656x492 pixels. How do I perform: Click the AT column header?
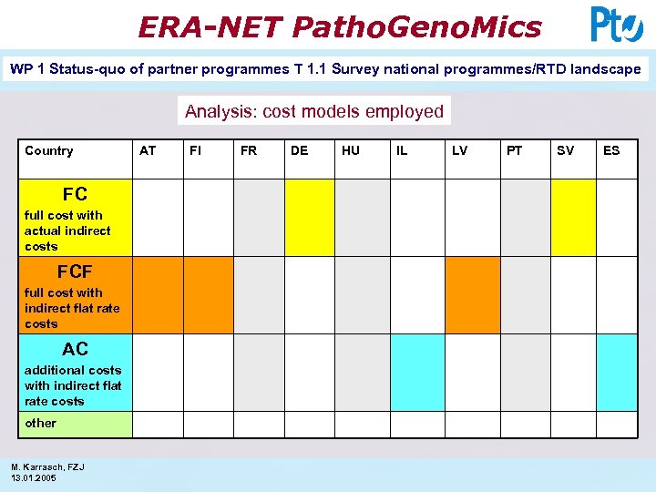tap(148, 150)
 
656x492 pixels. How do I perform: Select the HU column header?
tap(351, 150)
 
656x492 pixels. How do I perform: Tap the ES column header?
tap(611, 150)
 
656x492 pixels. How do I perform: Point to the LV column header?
tap(460, 150)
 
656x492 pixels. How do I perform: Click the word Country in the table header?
tap(49, 150)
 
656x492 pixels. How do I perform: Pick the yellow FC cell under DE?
tap(310, 218)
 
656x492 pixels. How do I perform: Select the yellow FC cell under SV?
tap(573, 218)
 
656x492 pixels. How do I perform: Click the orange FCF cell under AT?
tap(159, 295)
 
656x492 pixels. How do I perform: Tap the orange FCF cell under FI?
tap(209, 295)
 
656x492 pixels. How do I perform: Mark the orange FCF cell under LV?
tap(473, 295)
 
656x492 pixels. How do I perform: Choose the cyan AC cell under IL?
tap(417, 373)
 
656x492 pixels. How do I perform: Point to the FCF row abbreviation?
tap(75, 272)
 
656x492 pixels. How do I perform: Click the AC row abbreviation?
tap(75, 349)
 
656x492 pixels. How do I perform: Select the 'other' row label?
tap(40, 423)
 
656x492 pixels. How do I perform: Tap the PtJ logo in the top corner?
tap(617, 25)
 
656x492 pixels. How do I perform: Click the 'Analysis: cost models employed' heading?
tap(314, 111)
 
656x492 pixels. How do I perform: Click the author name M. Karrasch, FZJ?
tap(48, 466)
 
